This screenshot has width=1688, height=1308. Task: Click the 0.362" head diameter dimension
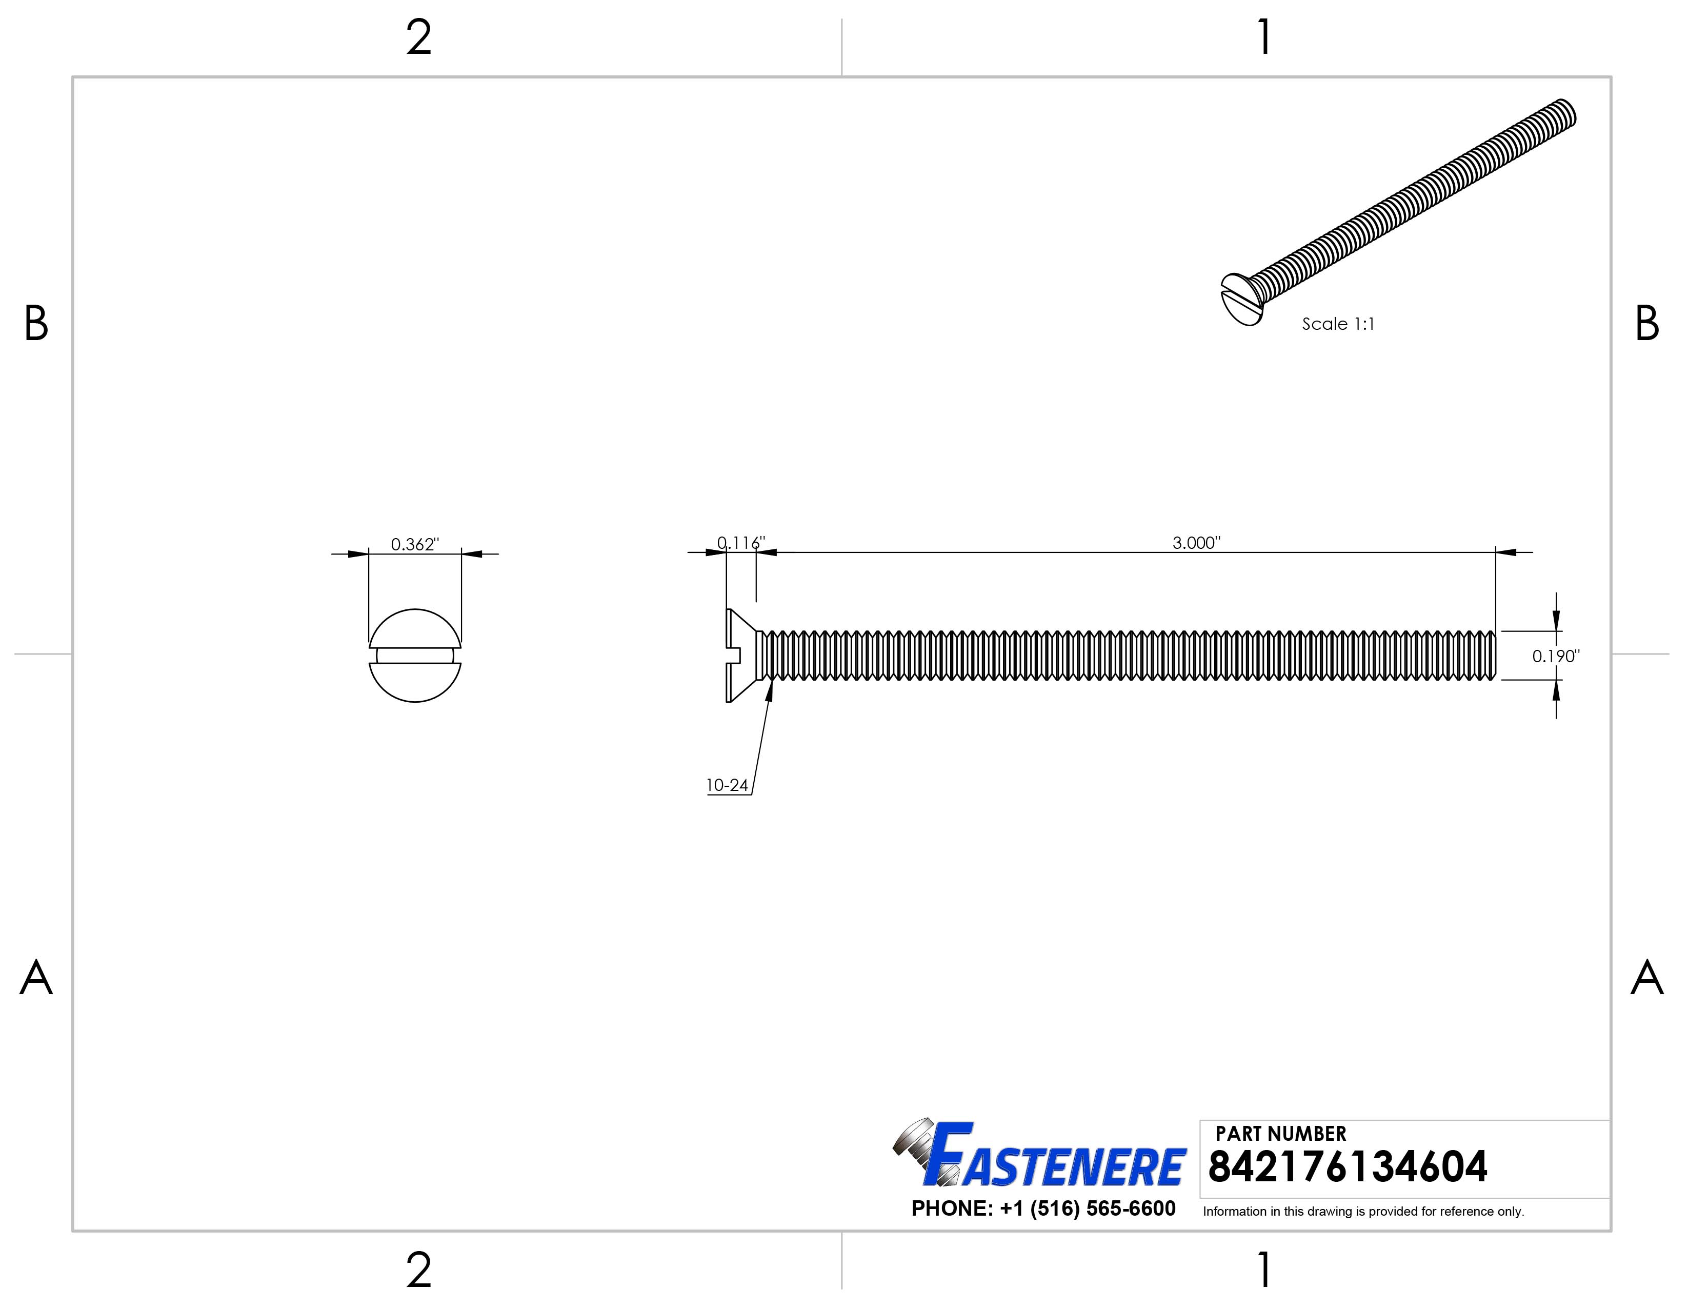pyautogui.click(x=414, y=544)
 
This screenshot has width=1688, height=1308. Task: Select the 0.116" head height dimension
pyautogui.click(x=740, y=543)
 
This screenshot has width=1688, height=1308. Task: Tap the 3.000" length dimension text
pyautogui.click(x=1196, y=543)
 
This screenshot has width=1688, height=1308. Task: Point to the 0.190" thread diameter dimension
pyautogui.click(x=1555, y=657)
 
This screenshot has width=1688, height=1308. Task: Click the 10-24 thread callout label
pyautogui.click(x=727, y=785)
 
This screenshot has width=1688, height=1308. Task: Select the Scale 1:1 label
pyautogui.click(x=1338, y=324)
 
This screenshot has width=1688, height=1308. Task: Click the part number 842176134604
pyautogui.click(x=1347, y=1167)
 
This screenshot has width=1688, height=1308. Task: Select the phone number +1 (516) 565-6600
pyautogui.click(x=1043, y=1208)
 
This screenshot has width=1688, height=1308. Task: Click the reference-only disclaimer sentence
pyautogui.click(x=1362, y=1212)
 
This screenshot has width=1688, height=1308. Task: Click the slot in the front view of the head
pyautogui.click(x=415, y=656)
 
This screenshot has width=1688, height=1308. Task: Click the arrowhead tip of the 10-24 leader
pyautogui.click(x=771, y=682)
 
